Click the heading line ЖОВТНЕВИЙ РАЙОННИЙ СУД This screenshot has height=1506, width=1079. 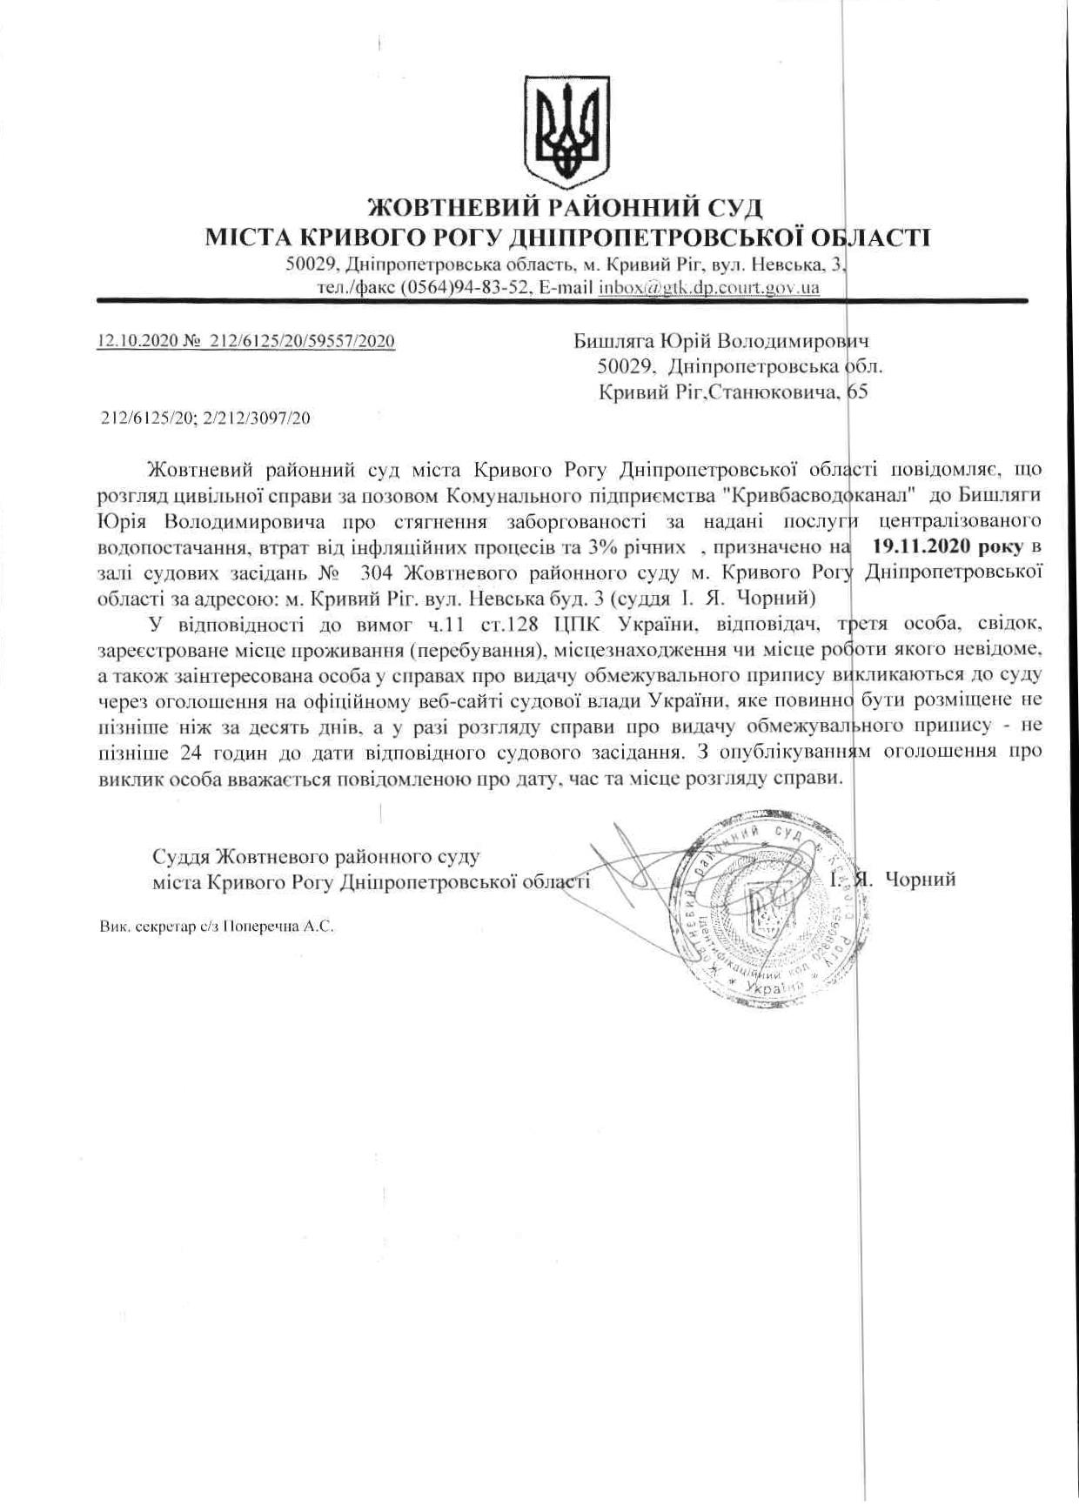point(566,209)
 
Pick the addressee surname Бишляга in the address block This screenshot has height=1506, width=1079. point(611,341)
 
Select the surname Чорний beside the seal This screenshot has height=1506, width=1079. point(920,880)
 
